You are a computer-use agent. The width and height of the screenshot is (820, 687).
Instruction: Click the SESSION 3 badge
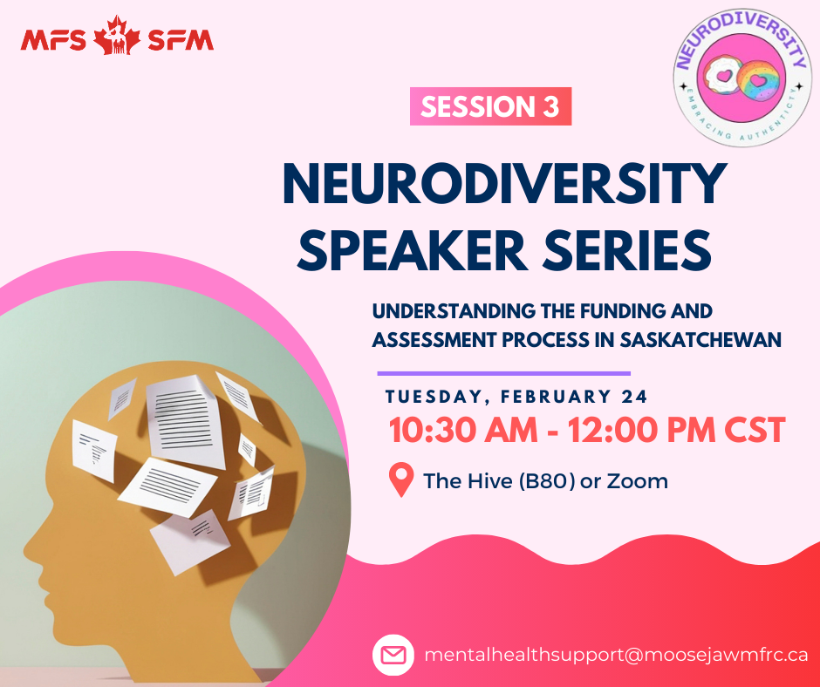(490, 106)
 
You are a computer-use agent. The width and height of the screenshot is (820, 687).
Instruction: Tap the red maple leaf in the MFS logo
(117, 36)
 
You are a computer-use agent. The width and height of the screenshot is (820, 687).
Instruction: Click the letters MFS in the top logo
(53, 40)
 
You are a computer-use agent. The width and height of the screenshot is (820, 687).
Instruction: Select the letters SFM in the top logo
(181, 40)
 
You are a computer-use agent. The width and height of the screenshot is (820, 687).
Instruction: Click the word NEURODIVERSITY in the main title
(505, 185)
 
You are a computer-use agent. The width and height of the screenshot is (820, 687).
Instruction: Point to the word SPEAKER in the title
(412, 250)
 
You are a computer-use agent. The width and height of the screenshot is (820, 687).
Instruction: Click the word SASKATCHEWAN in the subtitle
(700, 340)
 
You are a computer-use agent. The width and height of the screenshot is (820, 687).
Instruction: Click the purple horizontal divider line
(504, 373)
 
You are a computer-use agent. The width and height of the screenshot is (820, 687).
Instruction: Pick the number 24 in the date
(634, 397)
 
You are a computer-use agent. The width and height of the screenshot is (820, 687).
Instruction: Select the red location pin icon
(401, 480)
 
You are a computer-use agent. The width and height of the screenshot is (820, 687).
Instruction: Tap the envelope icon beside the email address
(393, 655)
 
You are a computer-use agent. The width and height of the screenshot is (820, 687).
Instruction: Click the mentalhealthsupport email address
(616, 655)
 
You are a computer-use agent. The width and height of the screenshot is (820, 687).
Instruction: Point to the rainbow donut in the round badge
(758, 80)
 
